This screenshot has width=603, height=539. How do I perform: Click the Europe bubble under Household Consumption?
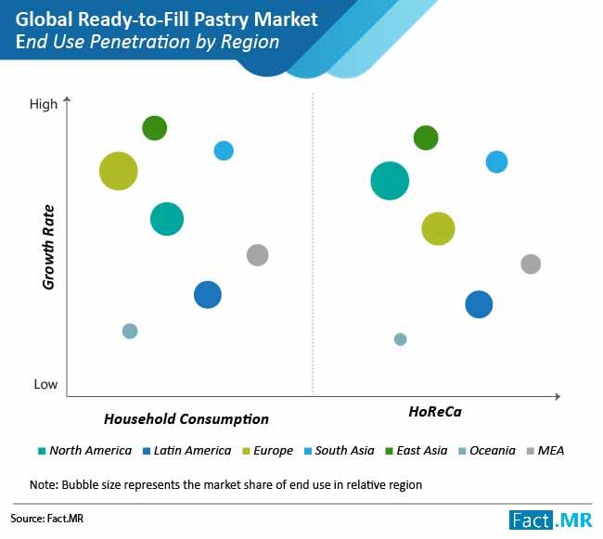(118, 171)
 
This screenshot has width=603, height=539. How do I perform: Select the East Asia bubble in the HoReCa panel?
(425, 138)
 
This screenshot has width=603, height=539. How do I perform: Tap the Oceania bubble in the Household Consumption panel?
(130, 331)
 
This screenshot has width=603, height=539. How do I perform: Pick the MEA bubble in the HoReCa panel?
(530, 263)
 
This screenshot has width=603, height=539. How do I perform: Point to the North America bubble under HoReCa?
(390, 180)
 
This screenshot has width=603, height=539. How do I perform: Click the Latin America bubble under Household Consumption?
(208, 294)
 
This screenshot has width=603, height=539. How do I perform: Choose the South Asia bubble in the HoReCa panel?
(497, 161)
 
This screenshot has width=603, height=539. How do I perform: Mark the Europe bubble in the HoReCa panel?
(438, 227)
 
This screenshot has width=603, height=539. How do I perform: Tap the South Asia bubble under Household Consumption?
(224, 150)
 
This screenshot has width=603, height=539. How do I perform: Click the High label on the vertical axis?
(44, 105)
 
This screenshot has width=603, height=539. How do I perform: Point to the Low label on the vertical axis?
(45, 385)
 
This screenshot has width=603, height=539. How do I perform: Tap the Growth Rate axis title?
(48, 246)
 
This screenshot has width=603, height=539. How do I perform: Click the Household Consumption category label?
(186, 419)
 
